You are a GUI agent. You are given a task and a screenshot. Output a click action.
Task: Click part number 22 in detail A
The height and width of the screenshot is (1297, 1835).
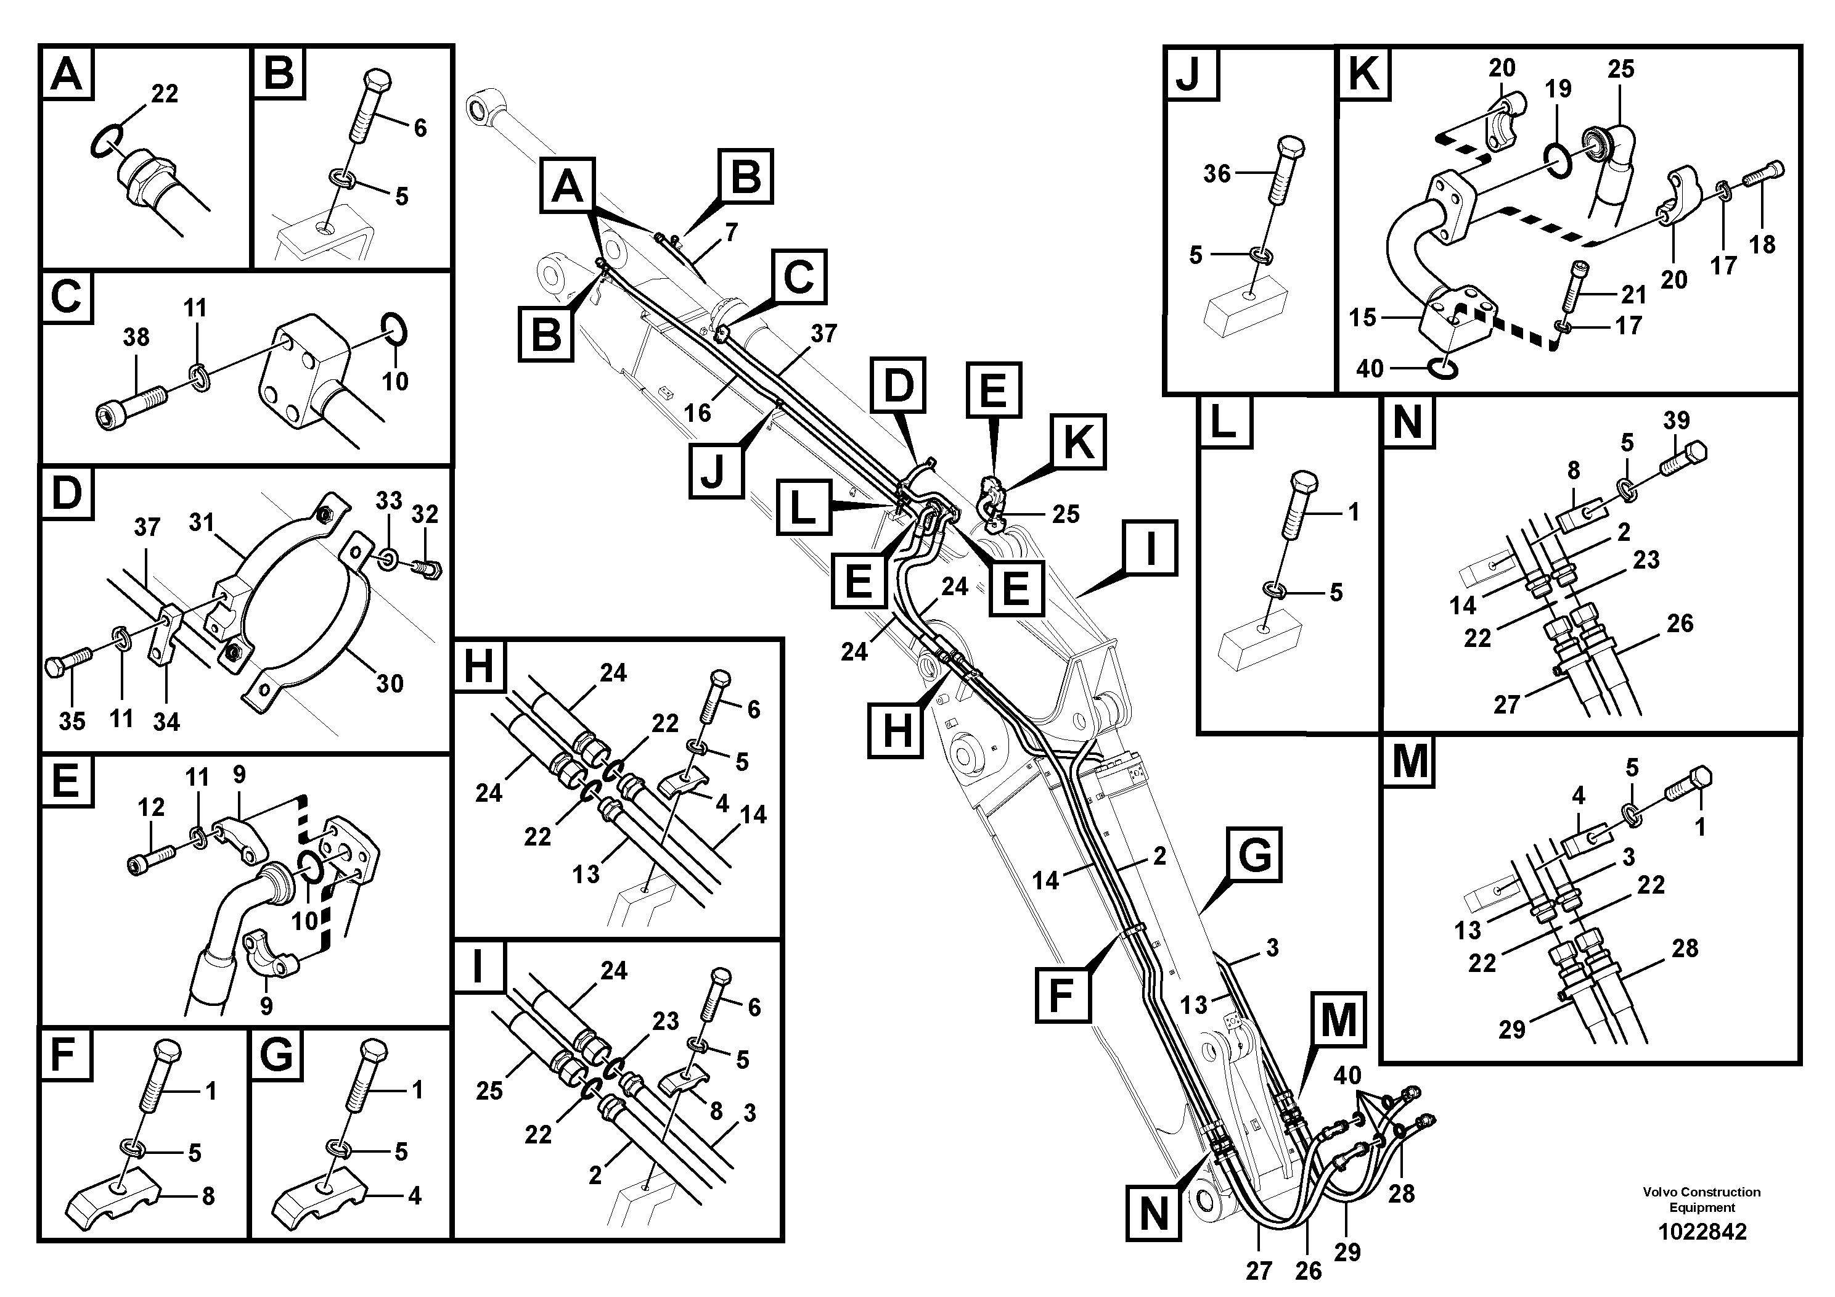coord(164,94)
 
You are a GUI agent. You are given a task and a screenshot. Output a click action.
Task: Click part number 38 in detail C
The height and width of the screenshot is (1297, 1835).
coord(136,337)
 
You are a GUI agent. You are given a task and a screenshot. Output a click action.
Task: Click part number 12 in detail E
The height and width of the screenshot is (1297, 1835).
coord(151,808)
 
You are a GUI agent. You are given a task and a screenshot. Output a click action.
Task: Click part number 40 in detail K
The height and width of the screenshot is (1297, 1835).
coord(1369,369)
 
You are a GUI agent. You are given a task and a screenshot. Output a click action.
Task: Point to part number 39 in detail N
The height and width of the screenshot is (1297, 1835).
coord(1676,420)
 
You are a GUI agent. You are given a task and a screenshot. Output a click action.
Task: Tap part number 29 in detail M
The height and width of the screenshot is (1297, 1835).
coord(1511,1029)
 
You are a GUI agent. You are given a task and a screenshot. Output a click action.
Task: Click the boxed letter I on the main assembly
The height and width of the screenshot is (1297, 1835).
coord(1150,548)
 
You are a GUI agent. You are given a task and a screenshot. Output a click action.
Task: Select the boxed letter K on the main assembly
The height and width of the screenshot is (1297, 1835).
coord(1079,442)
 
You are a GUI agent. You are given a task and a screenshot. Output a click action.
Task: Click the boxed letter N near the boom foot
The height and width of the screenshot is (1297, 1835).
coord(1153,1214)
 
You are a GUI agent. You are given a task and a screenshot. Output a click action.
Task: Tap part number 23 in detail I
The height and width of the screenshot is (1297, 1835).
coord(666,1021)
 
